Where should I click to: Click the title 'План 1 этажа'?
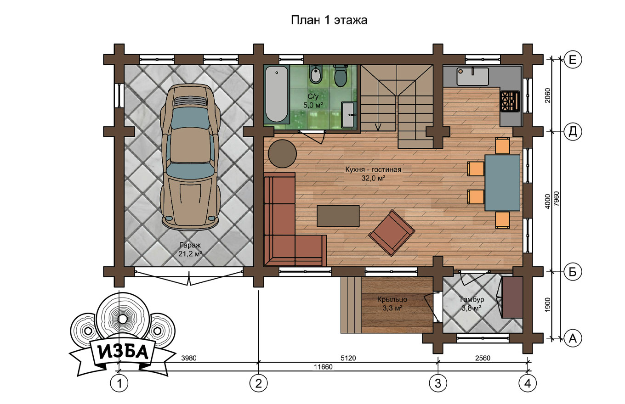point(329,20)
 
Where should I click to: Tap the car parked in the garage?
point(190,157)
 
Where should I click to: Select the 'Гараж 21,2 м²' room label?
point(190,250)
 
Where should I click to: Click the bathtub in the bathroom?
point(277,94)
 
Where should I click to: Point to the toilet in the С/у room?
point(341,75)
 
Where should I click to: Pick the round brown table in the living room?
point(282,154)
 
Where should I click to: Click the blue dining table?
point(502,183)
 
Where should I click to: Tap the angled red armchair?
point(392,233)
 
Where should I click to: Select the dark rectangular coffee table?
point(338,216)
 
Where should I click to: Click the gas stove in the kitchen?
point(510,101)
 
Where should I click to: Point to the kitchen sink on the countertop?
point(472,76)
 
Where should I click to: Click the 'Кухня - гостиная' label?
point(373,169)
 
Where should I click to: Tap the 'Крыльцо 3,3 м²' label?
point(392,303)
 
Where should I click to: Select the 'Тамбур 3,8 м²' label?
point(472,303)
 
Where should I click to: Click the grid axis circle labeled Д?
point(573,131)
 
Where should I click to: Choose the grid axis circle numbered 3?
point(438,383)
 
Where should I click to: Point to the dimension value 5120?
point(348,358)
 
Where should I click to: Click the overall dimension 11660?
point(324,367)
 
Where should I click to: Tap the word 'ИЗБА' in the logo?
point(123,352)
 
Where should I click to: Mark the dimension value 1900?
point(547,305)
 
